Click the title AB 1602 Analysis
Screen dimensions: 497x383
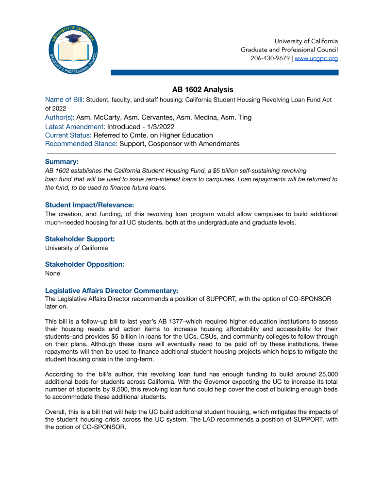click(202, 90)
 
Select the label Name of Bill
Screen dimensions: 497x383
click(65, 99)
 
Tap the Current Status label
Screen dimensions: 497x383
click(68, 135)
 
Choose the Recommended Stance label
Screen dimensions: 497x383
click(81, 144)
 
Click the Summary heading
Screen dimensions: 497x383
click(62, 161)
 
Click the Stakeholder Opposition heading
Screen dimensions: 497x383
click(85, 264)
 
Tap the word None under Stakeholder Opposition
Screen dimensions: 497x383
click(52, 274)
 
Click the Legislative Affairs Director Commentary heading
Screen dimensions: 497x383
click(115, 290)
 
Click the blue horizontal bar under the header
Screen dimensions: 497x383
click(224, 72)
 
